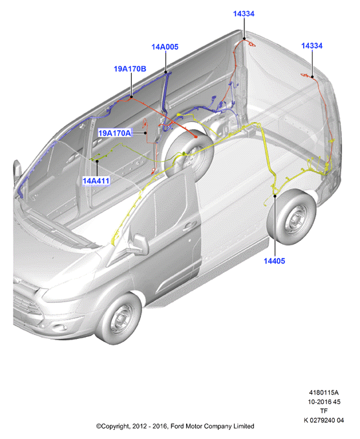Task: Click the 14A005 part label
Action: point(165,46)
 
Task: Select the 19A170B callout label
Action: point(130,68)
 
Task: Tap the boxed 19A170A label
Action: point(114,133)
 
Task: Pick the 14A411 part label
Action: point(96,181)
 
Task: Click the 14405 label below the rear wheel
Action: point(274,261)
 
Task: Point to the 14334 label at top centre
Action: point(244,14)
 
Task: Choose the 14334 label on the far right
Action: point(312,46)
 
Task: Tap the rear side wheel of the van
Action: point(292,216)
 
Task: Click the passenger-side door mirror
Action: point(140,245)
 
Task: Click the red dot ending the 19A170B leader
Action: point(195,137)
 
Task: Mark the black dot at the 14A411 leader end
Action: point(97,161)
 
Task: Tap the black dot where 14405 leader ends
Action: point(275,196)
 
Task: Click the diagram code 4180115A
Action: point(324,393)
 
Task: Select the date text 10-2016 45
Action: point(324,402)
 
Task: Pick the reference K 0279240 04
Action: point(324,420)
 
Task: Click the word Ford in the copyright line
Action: point(177,426)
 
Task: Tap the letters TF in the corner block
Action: point(324,411)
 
